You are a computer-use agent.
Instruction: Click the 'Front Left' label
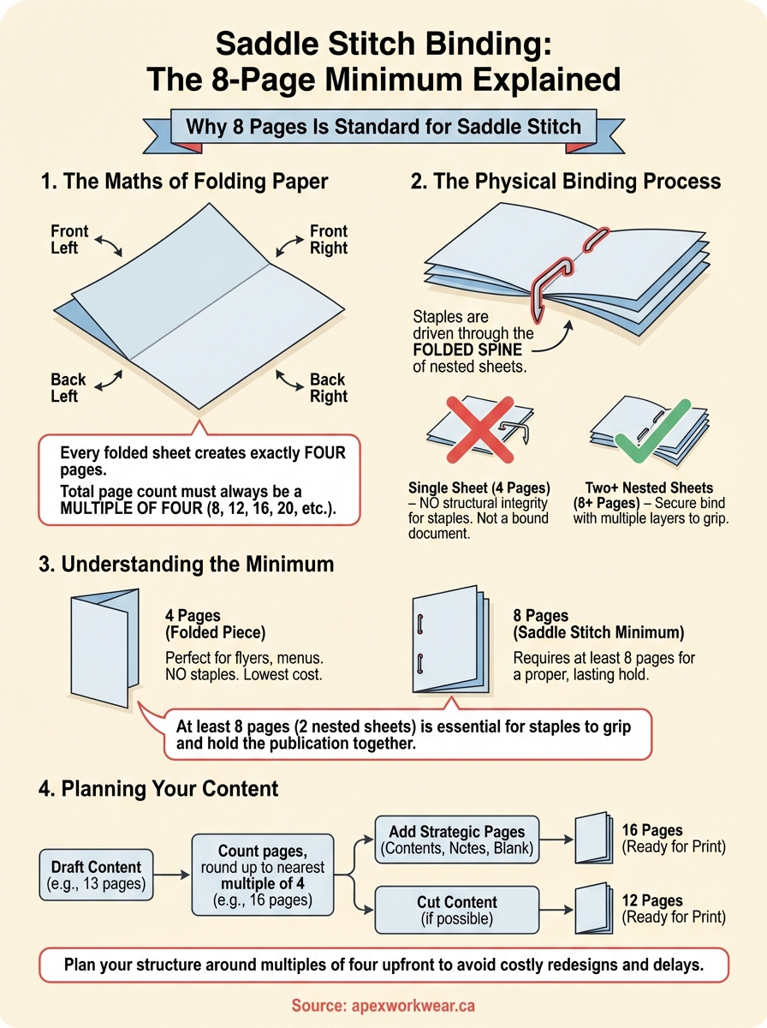pyautogui.click(x=69, y=239)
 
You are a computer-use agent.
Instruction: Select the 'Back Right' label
pyautogui.click(x=328, y=387)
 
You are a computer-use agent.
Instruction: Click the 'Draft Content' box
pyautogui.click(x=96, y=874)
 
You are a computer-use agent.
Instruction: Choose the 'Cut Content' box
pyautogui.click(x=457, y=910)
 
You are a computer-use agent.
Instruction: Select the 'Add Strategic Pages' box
pyautogui.click(x=457, y=840)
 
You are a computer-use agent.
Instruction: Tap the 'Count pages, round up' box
pyautogui.click(x=263, y=875)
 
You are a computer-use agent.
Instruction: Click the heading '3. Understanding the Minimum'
pyautogui.click(x=187, y=565)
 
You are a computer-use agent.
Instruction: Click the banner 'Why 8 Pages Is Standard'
pyautogui.click(x=383, y=128)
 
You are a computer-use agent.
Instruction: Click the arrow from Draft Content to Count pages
pyautogui.click(x=172, y=875)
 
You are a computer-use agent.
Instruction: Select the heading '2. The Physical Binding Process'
pyautogui.click(x=566, y=182)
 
